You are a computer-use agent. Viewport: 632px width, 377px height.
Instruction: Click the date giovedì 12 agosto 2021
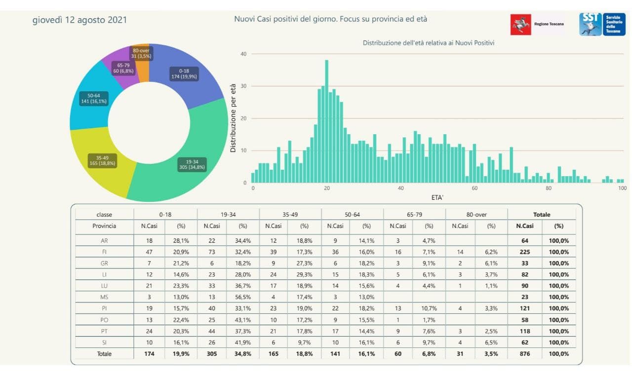[x=79, y=20]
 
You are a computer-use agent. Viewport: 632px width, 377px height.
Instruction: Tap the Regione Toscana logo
[x=537, y=24]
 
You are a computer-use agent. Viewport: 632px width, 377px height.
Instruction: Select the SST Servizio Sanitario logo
[x=602, y=24]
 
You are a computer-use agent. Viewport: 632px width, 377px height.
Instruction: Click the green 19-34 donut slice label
[x=192, y=164]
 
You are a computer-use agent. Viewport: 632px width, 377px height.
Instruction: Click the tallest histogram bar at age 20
[x=326, y=121]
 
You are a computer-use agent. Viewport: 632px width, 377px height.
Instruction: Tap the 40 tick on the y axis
[x=243, y=54]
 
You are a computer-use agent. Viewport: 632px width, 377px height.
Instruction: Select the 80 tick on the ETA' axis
[x=549, y=188]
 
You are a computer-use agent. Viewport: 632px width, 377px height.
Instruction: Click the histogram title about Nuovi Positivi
[x=429, y=43]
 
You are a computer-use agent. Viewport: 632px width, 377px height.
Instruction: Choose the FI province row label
[x=104, y=252]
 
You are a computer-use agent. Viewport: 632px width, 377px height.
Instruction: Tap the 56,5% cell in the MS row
[x=242, y=297]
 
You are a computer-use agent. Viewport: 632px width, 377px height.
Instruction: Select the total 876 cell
[x=525, y=354]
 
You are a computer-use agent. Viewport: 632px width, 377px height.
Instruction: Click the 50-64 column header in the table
[x=352, y=215]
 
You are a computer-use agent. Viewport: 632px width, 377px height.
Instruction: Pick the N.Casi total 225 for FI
[x=525, y=252]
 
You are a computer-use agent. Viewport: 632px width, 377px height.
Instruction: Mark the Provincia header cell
[x=104, y=226]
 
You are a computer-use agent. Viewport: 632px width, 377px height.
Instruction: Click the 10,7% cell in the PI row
[x=429, y=308]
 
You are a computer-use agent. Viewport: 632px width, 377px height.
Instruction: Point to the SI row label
[x=104, y=342]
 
